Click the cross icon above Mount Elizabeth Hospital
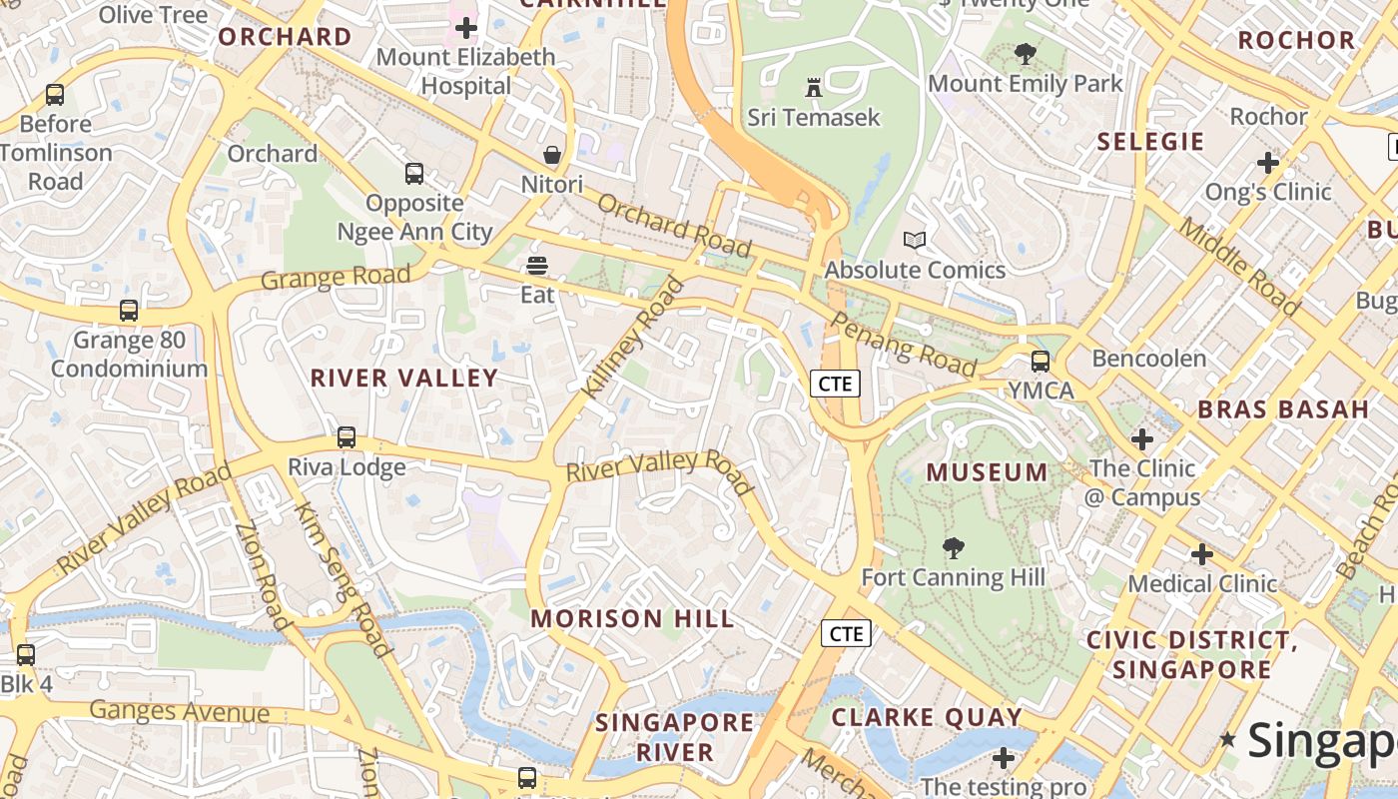466,28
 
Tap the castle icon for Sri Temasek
814,88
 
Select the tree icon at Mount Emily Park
1025,54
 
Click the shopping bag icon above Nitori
551,155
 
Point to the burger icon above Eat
537,266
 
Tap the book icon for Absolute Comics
915,240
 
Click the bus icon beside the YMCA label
1041,362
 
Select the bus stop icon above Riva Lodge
347,437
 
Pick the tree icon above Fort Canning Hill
954,547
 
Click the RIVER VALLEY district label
404,379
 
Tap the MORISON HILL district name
632,619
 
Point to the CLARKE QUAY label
927,717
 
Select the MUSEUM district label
988,472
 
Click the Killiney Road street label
635,339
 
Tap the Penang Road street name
903,345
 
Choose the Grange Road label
336,277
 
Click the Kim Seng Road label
343,579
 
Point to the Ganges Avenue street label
180,712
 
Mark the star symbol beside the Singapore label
1228,740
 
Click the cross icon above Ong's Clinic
1268,162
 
